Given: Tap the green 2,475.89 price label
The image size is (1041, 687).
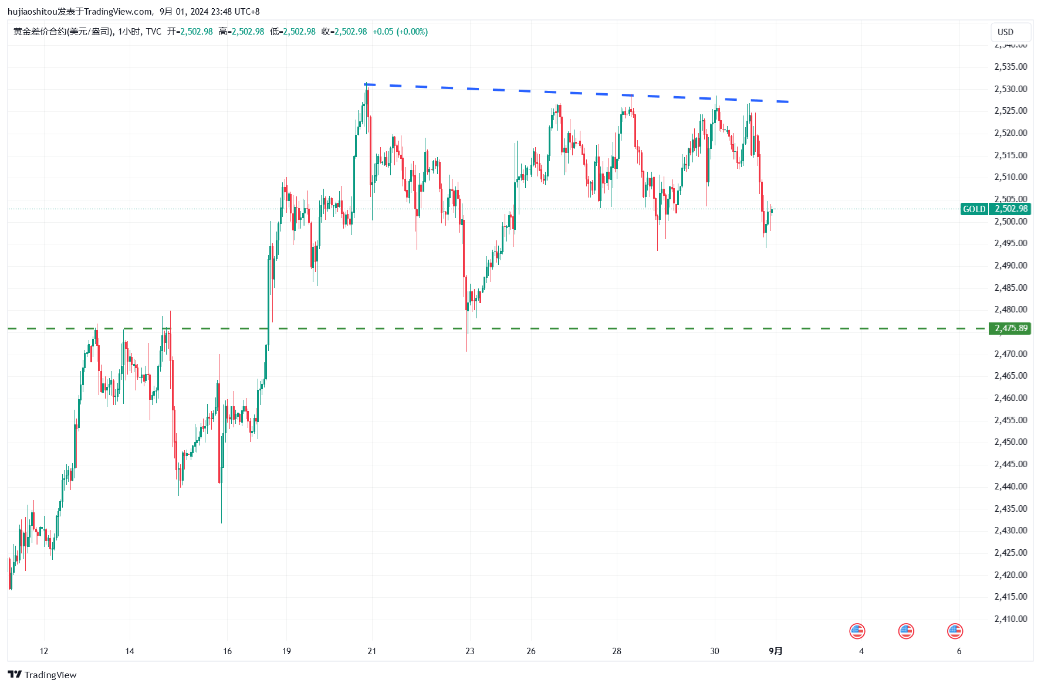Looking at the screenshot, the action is [x=1010, y=328].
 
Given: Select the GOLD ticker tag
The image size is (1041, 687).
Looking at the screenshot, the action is [x=974, y=209].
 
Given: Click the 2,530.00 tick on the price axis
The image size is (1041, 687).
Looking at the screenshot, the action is [x=1010, y=89].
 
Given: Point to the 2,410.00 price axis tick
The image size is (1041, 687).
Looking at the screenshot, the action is [x=1010, y=618].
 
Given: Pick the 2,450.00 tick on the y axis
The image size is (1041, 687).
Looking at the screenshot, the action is [x=1010, y=441].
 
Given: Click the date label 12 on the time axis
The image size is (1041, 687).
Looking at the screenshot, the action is [x=44, y=651].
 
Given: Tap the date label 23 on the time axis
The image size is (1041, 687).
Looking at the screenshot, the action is [x=469, y=651].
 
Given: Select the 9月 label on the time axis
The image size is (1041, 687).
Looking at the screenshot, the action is [x=775, y=651].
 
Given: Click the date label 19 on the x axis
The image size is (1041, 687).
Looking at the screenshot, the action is [x=286, y=651].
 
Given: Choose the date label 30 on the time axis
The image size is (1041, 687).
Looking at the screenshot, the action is [x=714, y=651].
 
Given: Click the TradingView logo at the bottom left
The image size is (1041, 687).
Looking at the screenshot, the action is [x=42, y=675].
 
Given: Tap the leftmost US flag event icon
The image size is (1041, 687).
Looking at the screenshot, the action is [x=857, y=631].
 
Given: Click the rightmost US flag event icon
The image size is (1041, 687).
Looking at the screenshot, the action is [x=955, y=631].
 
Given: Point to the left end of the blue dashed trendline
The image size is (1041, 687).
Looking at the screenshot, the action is [x=365, y=84].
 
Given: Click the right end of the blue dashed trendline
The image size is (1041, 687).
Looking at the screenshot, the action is [x=789, y=102].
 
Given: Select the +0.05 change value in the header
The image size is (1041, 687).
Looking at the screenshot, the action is [x=383, y=32].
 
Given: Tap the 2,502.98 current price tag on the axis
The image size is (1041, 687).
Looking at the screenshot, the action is [x=1010, y=209].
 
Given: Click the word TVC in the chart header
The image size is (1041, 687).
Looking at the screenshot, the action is [x=154, y=32].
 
